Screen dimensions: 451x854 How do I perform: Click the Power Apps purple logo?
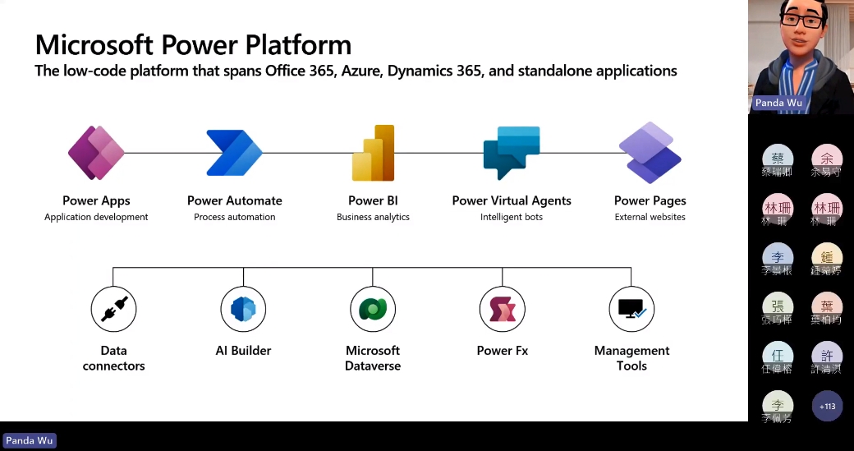tap(96, 153)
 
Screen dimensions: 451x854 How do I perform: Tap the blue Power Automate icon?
tap(234, 153)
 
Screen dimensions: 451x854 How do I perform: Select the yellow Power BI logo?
tap(374, 153)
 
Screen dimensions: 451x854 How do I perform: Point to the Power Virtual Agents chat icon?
tap(512, 153)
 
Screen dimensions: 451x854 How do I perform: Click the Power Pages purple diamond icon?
tap(650, 153)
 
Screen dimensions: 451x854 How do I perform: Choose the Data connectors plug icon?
tap(113, 310)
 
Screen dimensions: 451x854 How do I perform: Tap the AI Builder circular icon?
tap(243, 310)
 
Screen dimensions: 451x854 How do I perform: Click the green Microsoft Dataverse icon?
tap(373, 310)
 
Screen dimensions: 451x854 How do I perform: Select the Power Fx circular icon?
tap(503, 310)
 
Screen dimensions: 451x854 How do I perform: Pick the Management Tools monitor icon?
tap(631, 310)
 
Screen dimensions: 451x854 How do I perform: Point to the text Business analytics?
tap(373, 217)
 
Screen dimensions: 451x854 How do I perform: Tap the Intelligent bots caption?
tap(512, 217)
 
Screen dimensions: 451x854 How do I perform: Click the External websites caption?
tap(650, 217)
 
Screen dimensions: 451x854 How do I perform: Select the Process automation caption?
tap(234, 217)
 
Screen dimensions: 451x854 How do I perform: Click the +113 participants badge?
tap(827, 406)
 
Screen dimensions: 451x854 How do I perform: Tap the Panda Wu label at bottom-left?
tap(30, 440)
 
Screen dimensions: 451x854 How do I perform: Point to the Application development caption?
tap(96, 217)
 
